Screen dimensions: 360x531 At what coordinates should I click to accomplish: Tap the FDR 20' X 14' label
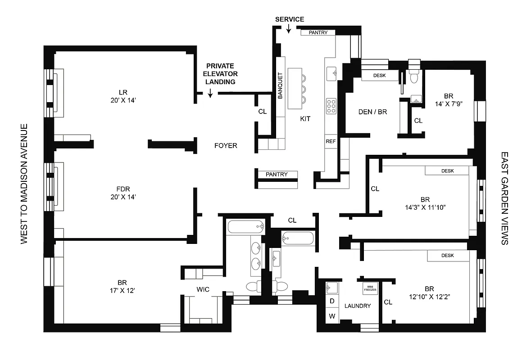point(119,192)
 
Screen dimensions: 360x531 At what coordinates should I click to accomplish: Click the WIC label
point(203,289)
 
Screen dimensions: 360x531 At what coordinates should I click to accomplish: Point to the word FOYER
point(226,146)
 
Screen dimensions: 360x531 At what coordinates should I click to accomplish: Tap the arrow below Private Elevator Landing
point(210,93)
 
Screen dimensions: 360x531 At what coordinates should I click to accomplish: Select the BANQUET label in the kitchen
point(280,86)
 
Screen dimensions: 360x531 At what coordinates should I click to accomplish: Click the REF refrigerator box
point(331,141)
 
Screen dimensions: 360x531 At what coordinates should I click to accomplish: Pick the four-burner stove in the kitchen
point(331,106)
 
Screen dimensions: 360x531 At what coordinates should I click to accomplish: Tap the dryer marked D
point(332,301)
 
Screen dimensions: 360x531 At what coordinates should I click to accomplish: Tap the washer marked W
point(332,316)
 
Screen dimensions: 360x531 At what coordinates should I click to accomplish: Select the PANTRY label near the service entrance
point(321,32)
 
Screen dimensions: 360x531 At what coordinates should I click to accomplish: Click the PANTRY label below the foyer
point(277,175)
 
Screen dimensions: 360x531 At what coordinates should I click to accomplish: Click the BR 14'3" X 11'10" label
point(424,203)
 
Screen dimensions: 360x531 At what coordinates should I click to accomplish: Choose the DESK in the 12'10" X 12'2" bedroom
point(447,256)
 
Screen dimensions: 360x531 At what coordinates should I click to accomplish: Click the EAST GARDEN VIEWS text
point(504,198)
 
